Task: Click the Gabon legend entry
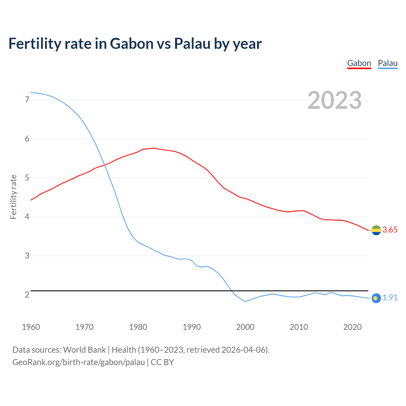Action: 359,63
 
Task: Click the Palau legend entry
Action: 388,63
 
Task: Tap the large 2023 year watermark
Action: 335,100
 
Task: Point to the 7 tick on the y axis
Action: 27,100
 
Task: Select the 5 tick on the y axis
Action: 27,178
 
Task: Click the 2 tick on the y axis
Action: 27,295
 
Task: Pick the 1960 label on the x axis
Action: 31,327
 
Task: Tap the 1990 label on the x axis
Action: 192,327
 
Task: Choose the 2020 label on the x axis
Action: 352,327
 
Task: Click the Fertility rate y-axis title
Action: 13,197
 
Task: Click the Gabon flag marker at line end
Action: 376,230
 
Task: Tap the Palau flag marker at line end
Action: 376,298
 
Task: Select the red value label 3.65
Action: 390,230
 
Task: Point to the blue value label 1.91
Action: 390,298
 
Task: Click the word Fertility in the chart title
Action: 33,43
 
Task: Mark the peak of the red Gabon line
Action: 154,148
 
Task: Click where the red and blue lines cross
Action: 105,165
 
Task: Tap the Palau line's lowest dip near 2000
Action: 245,302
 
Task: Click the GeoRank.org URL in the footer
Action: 78,362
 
